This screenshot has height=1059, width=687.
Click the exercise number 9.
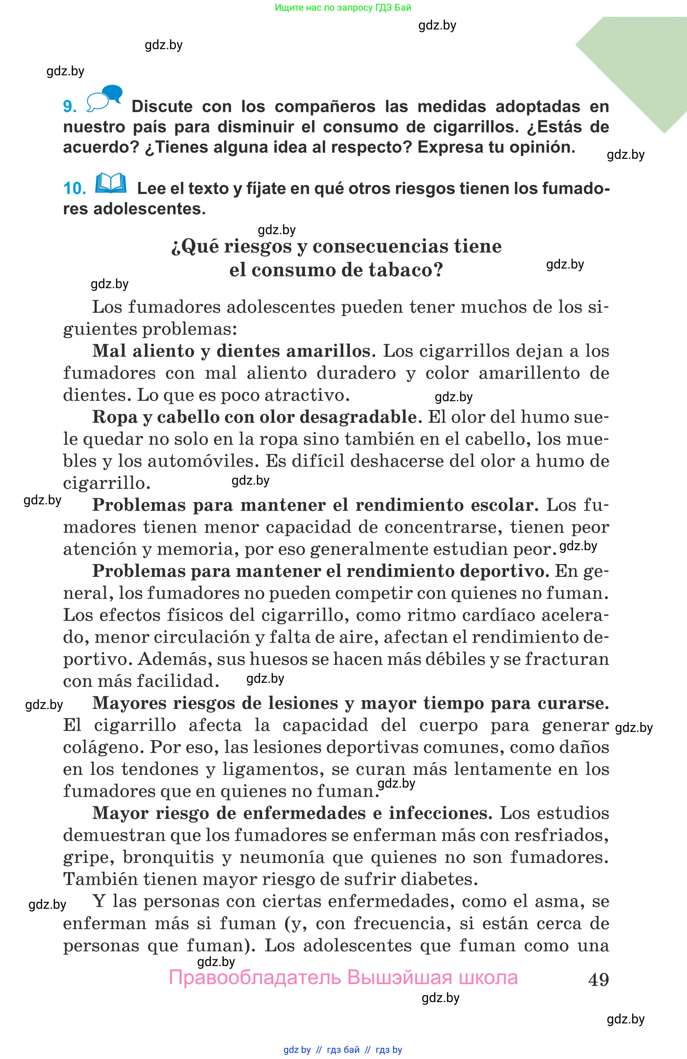pyautogui.click(x=70, y=106)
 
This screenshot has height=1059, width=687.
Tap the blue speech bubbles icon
pyautogui.click(x=104, y=97)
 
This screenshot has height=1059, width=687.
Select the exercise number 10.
pyautogui.click(x=75, y=188)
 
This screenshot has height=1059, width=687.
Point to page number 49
pyautogui.click(x=599, y=979)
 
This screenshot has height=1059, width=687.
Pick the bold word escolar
pyautogui.click(x=504, y=505)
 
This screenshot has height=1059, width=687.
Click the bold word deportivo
pyautogui.click(x=504, y=571)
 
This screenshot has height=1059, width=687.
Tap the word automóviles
pyautogui.click(x=203, y=461)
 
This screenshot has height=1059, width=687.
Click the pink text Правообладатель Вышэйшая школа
pyautogui.click(x=343, y=978)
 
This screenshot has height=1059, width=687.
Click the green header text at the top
pyautogui.click(x=343, y=7)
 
